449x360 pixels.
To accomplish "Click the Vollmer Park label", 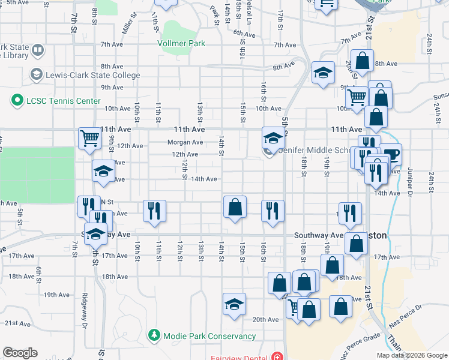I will coord(181,43).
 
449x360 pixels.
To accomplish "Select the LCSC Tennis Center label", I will coord(63,101).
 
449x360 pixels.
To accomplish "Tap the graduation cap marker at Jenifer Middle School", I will coord(273,139).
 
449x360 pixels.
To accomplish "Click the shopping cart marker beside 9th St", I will coord(89,139).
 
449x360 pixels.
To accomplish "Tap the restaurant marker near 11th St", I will coord(155,211).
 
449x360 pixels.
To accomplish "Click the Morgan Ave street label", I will coord(185,142).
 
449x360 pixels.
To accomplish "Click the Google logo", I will coord(20,352).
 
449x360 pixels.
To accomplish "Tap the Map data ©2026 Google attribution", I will coord(411,355).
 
